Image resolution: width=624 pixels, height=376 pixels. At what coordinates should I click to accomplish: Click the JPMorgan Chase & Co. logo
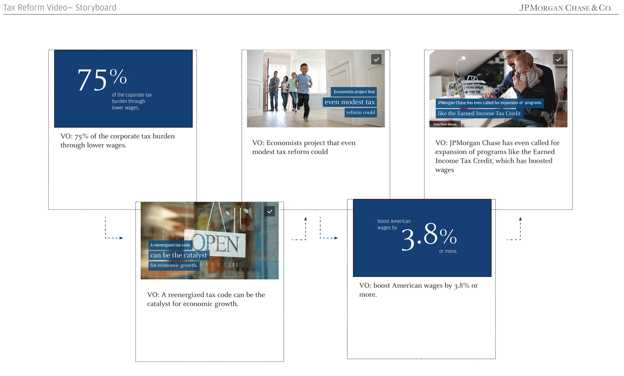click(565, 8)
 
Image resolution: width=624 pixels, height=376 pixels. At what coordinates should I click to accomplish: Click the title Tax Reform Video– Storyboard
click(60, 7)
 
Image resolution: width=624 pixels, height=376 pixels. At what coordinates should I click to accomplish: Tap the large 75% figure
click(102, 80)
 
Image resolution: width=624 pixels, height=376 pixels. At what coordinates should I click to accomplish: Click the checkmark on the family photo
click(376, 59)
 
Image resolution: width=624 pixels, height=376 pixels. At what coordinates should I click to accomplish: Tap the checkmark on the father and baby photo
click(558, 59)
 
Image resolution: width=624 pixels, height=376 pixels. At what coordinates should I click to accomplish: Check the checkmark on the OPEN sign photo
click(270, 211)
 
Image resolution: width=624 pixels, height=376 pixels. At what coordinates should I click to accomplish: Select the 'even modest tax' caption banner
click(350, 102)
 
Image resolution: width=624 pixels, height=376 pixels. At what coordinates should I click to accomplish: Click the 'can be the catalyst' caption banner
click(179, 255)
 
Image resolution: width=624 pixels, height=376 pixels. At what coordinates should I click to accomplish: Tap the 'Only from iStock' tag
click(445, 124)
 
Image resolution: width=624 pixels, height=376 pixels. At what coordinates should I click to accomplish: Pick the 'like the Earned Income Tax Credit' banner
click(479, 114)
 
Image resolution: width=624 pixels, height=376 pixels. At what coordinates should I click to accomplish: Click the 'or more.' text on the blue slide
click(448, 251)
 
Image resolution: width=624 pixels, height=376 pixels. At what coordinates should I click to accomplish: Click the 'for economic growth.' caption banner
click(174, 265)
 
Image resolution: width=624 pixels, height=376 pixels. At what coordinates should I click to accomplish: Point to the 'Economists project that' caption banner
click(354, 92)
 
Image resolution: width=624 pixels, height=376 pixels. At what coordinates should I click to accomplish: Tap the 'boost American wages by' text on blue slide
click(394, 224)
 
